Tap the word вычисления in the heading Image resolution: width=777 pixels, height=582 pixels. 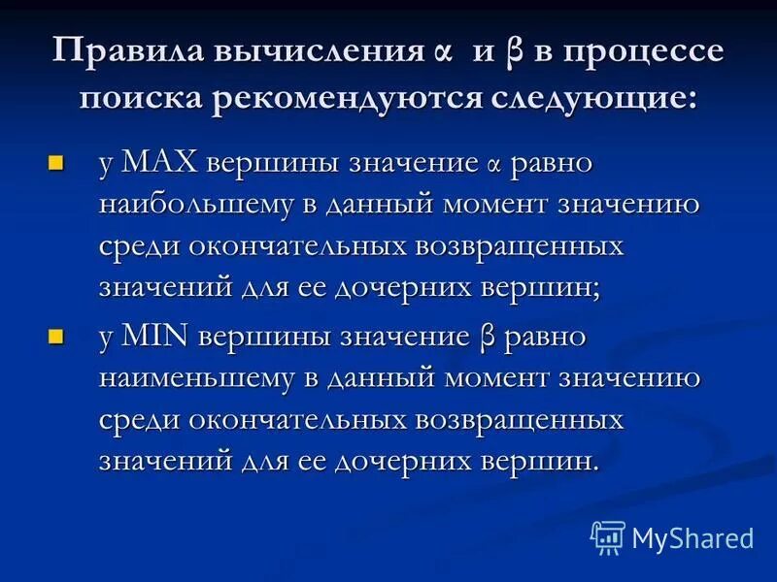(310, 52)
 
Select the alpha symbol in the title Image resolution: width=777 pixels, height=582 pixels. (444, 54)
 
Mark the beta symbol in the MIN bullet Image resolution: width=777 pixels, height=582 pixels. (489, 338)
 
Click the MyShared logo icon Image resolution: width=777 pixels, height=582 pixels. (608, 535)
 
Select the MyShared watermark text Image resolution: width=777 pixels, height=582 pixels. (693, 537)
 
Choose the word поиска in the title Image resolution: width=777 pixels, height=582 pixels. (144, 99)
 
